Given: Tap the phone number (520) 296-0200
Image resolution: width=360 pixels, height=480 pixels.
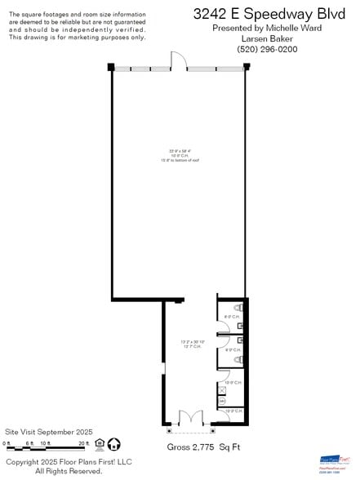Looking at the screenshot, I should coord(266,50).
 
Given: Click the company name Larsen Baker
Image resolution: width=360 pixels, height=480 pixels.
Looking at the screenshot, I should coord(266,38).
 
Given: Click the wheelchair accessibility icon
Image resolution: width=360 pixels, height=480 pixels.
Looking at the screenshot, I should coord(113,444).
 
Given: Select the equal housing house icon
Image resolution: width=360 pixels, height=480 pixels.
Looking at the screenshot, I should coord(100,444).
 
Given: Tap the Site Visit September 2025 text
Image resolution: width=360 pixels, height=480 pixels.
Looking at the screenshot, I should coord(49,431).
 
